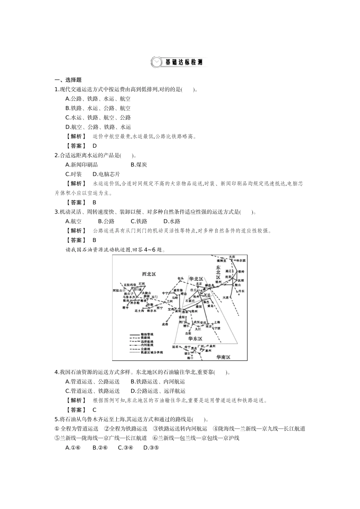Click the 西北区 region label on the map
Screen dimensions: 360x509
[149, 274]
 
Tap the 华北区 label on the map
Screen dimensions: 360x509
[196, 279]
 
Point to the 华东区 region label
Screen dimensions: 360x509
[195, 339]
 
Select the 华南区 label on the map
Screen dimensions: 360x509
[223, 358]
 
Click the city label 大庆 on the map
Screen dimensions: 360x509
[237, 257]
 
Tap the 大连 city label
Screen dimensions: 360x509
[226, 298]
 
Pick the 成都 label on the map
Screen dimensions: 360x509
[164, 325]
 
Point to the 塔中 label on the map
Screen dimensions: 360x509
[125, 308]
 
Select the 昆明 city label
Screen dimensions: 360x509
[175, 347]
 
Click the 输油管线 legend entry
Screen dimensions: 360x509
[147, 334]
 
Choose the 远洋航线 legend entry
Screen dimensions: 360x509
[147, 342]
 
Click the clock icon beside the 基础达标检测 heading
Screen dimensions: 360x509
[156, 62]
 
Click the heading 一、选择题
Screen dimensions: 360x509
[68, 80]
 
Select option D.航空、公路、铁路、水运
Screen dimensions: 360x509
[98, 127]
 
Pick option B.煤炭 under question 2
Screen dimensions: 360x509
[139, 165]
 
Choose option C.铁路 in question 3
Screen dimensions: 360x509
[139, 222]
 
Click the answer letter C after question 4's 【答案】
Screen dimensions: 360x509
[94, 410]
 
